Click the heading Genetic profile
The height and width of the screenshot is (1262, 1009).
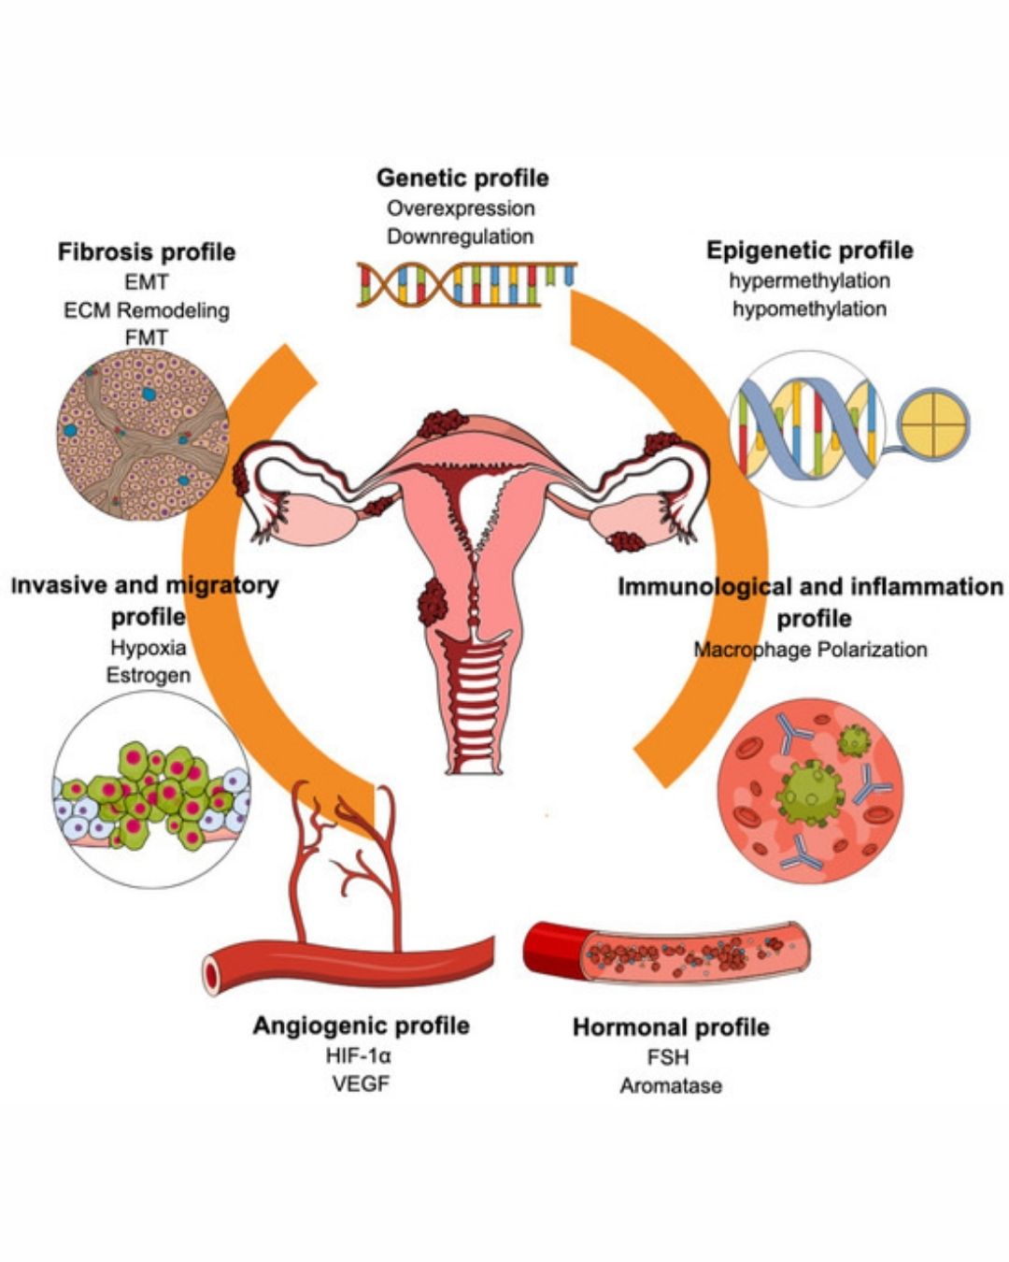(x=462, y=178)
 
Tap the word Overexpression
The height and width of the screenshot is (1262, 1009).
(x=461, y=208)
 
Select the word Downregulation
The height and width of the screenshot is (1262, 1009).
(x=461, y=237)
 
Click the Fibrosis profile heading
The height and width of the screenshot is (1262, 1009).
(x=147, y=251)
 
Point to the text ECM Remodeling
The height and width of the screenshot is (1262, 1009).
(x=147, y=310)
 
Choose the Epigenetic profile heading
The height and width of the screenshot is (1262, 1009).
(x=809, y=251)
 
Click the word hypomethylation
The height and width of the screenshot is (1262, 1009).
(x=809, y=308)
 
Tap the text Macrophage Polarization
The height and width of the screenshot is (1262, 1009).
(x=810, y=650)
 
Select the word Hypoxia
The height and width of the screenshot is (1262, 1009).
(x=149, y=647)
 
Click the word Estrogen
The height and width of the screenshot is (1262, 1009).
(x=149, y=675)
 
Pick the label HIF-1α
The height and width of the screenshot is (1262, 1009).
(x=360, y=1056)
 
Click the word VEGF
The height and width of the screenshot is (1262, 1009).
(x=360, y=1084)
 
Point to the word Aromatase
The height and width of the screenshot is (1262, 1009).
(x=671, y=1086)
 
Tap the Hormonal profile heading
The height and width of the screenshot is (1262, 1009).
(x=671, y=1027)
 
